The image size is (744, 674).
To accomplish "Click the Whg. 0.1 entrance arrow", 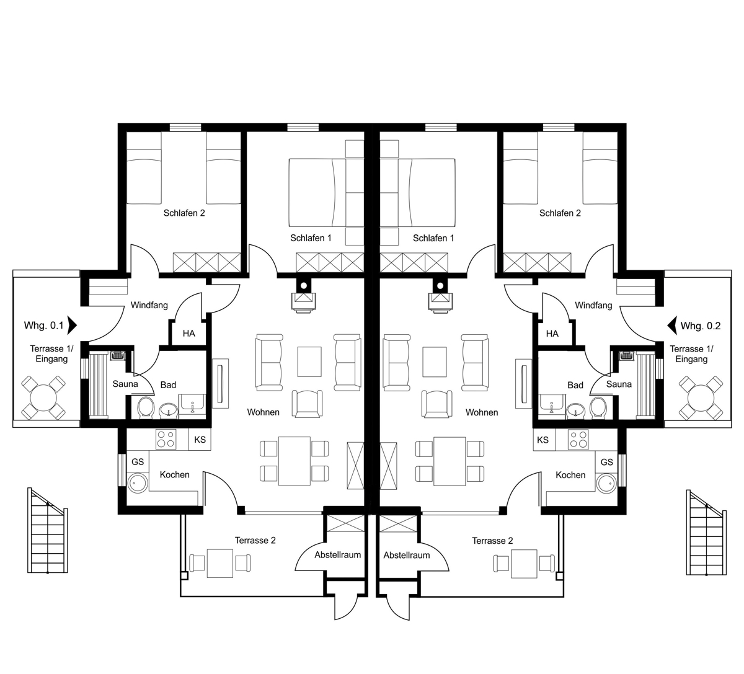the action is pos(73,325).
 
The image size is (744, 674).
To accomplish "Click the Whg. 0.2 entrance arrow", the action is pos(671,326).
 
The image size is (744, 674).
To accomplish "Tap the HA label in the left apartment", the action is pos(188,334).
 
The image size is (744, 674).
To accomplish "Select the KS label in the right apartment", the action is pos(542,440).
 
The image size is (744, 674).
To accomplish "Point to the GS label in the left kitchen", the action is pos(138,462).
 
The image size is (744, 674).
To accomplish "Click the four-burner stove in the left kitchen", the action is pos(166,439).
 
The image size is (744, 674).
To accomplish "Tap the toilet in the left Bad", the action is pos(146,407).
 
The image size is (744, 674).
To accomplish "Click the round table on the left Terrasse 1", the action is pos(43,398).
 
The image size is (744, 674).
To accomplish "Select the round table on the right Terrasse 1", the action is pos(701,398).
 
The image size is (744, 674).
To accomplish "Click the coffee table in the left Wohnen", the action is pos(309,362).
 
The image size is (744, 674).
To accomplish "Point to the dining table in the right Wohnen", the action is pos(449,461).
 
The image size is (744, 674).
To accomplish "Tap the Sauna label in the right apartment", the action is pos(619,384).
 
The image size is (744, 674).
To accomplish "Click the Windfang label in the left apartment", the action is pos(149,305).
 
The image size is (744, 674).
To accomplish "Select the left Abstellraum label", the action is pos(337,555).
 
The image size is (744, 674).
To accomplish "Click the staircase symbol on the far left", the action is pos(48,530).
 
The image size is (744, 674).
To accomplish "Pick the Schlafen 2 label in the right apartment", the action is pos(560,213).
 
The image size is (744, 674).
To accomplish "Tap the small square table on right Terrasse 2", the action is pos(524,564).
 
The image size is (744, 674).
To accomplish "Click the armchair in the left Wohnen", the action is pos(307,404).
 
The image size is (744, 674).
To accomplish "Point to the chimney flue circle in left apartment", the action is pos(304,286).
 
